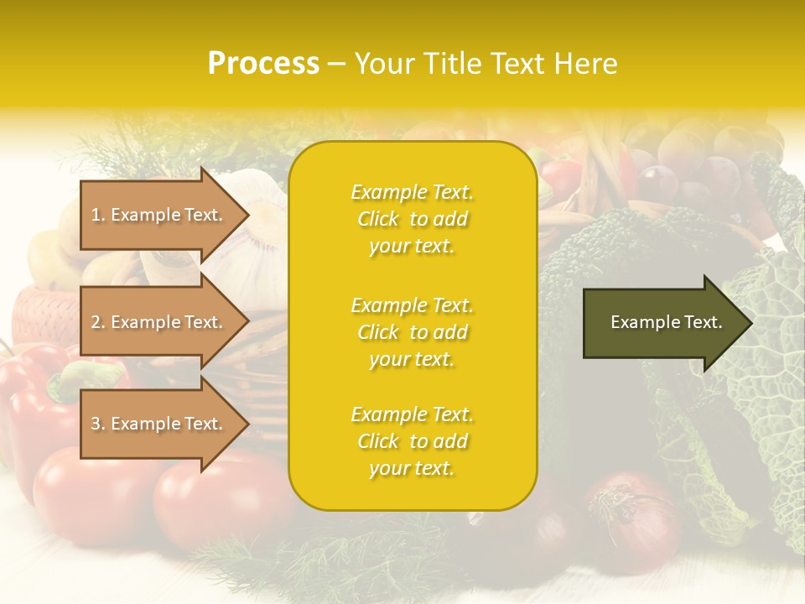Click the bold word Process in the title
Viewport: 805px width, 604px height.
[x=263, y=64]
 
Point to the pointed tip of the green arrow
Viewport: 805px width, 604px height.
[x=750, y=322]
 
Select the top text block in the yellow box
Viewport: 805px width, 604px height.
[x=412, y=219]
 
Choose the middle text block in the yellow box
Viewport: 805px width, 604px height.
[x=412, y=332]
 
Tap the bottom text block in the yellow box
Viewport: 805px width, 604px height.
[x=412, y=441]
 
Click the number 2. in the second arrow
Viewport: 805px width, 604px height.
[x=97, y=322]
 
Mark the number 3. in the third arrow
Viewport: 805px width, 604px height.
[x=97, y=424]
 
